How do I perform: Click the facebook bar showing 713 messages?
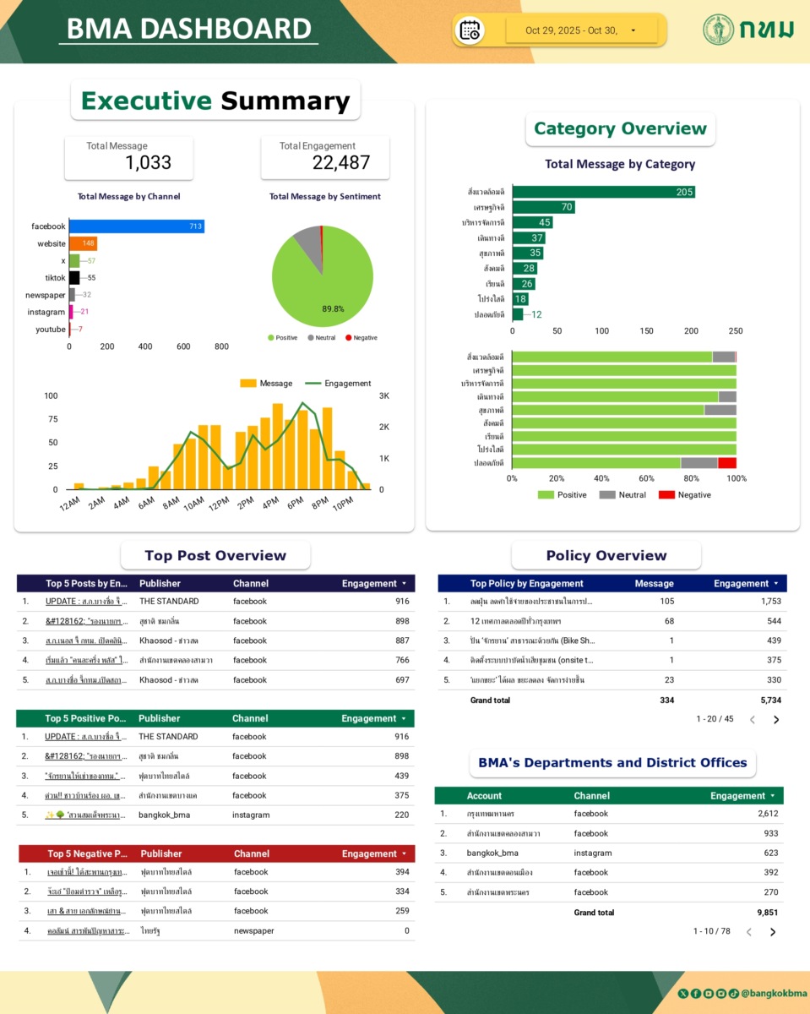(136, 226)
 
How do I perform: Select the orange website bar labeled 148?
(83, 243)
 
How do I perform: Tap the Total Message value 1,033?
(148, 162)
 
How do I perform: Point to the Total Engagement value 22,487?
(340, 162)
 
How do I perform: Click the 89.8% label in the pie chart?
(333, 309)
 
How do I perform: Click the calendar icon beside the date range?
(470, 30)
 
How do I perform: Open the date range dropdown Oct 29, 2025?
(583, 30)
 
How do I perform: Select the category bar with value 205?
(603, 192)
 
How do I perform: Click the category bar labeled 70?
(543, 207)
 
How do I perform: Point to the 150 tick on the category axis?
(646, 331)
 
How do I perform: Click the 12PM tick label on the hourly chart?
(220, 504)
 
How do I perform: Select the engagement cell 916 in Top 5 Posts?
(401, 602)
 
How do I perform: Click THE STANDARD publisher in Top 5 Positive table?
(168, 737)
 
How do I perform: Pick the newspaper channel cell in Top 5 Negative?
(253, 931)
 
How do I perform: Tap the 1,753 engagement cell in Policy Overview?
(770, 602)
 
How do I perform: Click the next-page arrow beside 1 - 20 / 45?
(776, 720)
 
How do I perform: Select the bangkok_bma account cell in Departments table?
(492, 853)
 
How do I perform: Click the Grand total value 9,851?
(767, 913)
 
